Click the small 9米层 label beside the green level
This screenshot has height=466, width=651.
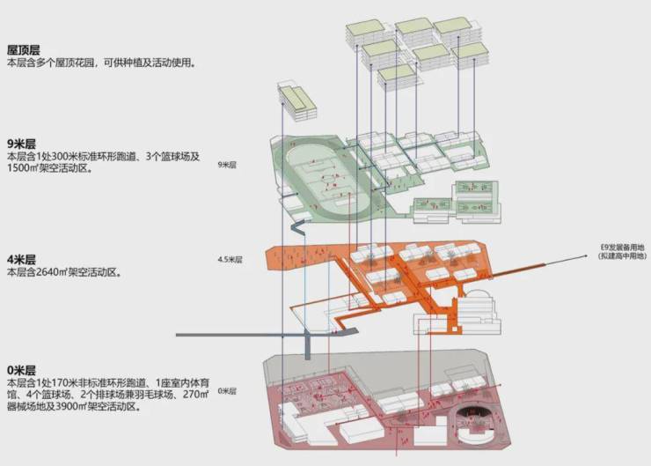[228, 165]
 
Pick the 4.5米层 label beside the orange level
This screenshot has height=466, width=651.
[230, 260]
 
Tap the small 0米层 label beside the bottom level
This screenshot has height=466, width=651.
[228, 388]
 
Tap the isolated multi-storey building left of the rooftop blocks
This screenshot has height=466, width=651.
[295, 102]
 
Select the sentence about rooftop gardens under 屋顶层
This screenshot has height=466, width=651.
[100, 63]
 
